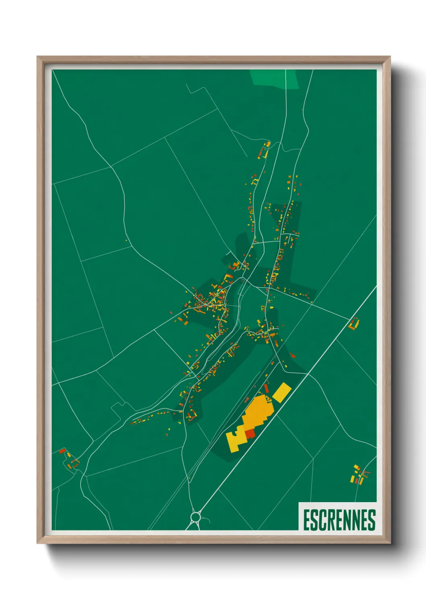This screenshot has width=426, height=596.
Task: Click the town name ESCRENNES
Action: pos(339,520)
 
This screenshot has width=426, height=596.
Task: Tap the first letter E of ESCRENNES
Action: pos(306,520)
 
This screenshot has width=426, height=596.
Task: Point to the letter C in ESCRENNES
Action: pos(322,520)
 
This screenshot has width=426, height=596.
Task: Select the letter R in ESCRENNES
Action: pos(330,520)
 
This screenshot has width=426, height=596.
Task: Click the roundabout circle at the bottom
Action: pos(196,517)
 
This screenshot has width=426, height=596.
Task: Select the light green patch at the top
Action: pos(275,78)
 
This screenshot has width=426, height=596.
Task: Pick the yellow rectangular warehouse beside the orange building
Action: pos(282,392)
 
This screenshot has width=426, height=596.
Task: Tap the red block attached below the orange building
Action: pos(250,434)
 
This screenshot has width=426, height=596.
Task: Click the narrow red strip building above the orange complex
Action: pos(266,389)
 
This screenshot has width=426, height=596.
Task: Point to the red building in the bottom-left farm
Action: pos(62,451)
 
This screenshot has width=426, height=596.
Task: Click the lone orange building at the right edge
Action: pos(354,324)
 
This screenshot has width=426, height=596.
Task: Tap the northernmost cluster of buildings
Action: pos(265,150)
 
